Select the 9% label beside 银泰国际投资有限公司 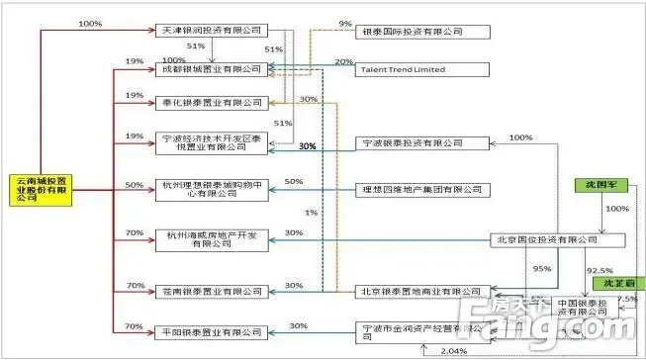344,23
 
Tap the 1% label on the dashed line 313,214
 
